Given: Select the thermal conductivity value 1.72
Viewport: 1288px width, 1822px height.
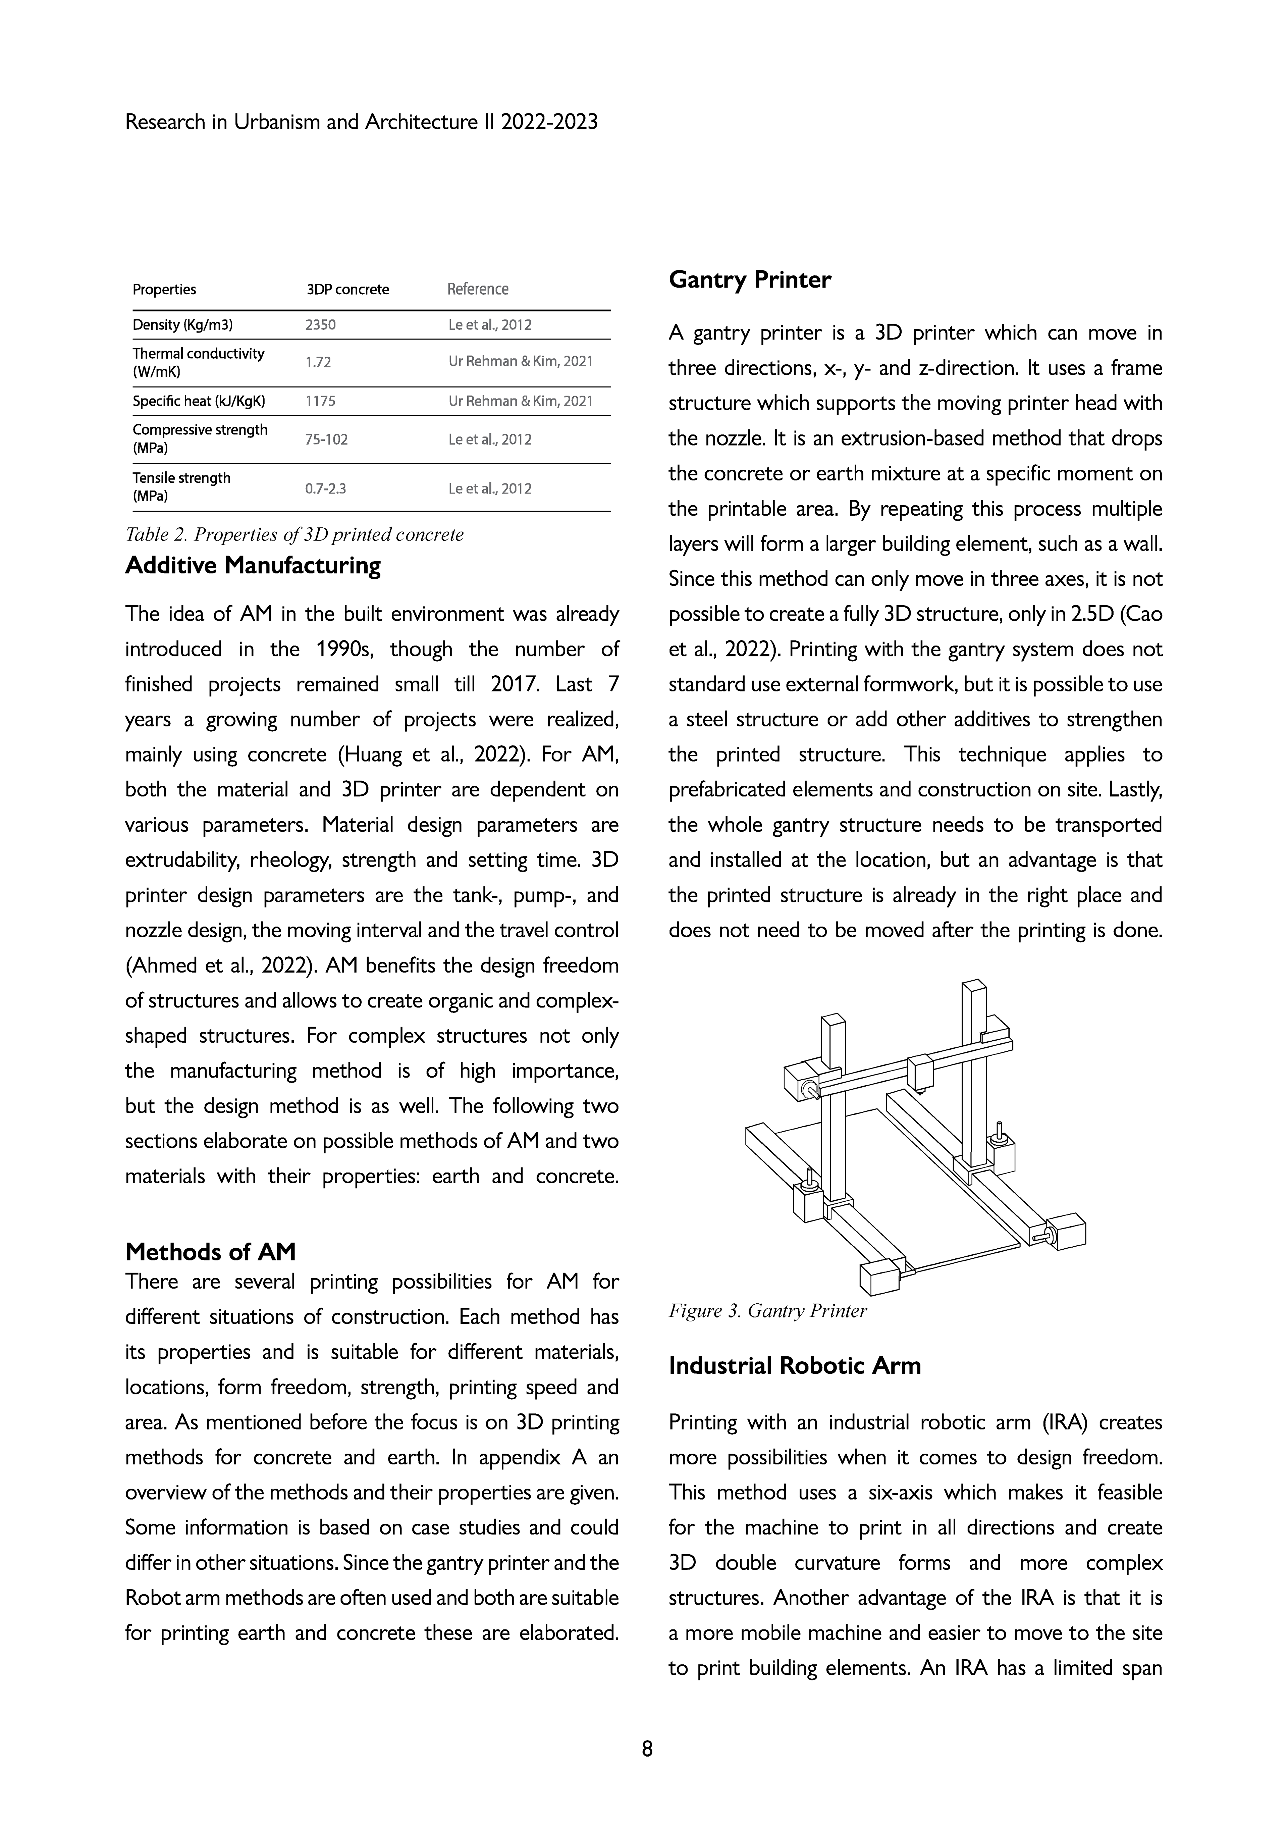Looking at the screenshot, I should tap(318, 363).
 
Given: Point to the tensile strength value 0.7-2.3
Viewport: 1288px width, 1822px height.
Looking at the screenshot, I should tap(325, 488).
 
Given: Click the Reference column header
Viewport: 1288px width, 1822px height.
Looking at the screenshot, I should tap(478, 289).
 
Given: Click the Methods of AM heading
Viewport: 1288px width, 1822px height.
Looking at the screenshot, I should tap(210, 1251).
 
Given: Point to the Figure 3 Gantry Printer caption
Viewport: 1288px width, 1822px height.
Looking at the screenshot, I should tap(767, 1310).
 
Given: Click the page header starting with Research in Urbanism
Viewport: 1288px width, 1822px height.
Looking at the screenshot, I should tap(361, 122).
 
